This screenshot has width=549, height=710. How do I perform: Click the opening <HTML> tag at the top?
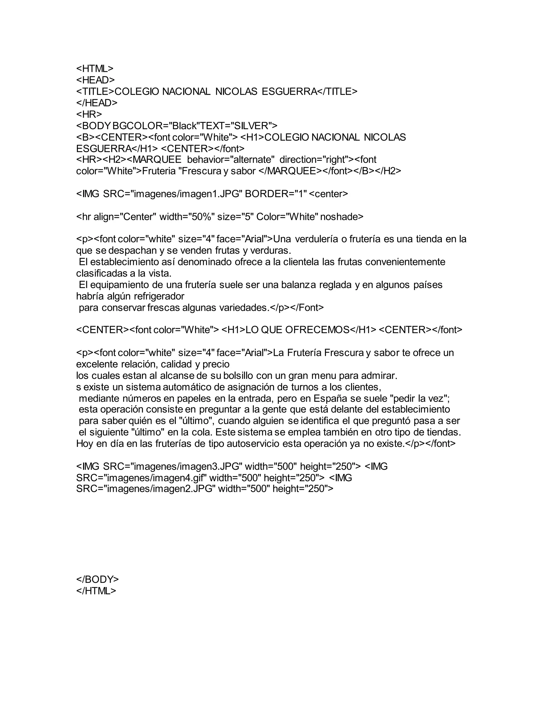tap(95, 69)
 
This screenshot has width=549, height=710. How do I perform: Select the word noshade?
tap(342, 216)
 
